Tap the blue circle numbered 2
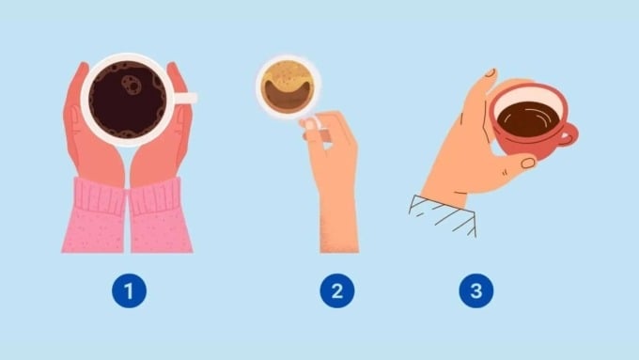pyautogui.click(x=335, y=291)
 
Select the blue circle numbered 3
pyautogui.click(x=475, y=291)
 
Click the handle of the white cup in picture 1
pyautogui.click(x=186, y=98)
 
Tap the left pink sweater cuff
pyautogui.click(x=94, y=216)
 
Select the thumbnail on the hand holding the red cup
pyautogui.click(x=527, y=163)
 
